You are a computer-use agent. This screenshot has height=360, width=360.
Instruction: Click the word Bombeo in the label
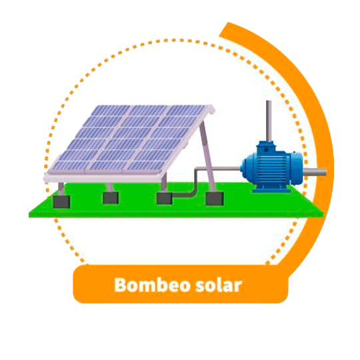pyautogui.click(x=152, y=285)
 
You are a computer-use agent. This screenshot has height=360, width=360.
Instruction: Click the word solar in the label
pyautogui.click(x=219, y=285)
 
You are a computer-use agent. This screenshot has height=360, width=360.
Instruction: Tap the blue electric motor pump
pyautogui.click(x=273, y=167)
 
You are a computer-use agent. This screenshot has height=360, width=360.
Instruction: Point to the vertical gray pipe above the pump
pyautogui.click(x=269, y=121)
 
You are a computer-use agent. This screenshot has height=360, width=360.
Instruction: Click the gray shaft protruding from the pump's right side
pyautogui.click(x=315, y=172)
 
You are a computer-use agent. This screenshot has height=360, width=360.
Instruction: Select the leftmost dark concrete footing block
pyautogui.click(x=61, y=202)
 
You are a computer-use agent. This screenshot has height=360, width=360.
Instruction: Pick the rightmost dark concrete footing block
pyautogui.click(x=215, y=199)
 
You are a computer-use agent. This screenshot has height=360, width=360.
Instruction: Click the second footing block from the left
pyautogui.click(x=111, y=198)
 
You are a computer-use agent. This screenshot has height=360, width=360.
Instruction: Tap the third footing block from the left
pyautogui.click(x=165, y=199)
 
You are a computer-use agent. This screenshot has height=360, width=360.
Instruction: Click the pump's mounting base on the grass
pyautogui.click(x=271, y=189)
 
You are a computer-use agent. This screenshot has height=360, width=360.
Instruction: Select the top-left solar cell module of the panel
pyautogui.click(x=111, y=111)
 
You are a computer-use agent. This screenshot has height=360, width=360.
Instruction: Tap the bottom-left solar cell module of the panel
pyautogui.click(x=71, y=165)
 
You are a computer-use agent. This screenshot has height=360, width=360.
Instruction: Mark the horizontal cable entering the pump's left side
pyautogui.click(x=217, y=169)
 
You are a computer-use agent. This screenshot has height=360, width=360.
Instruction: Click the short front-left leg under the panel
pyautogui.click(x=61, y=189)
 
